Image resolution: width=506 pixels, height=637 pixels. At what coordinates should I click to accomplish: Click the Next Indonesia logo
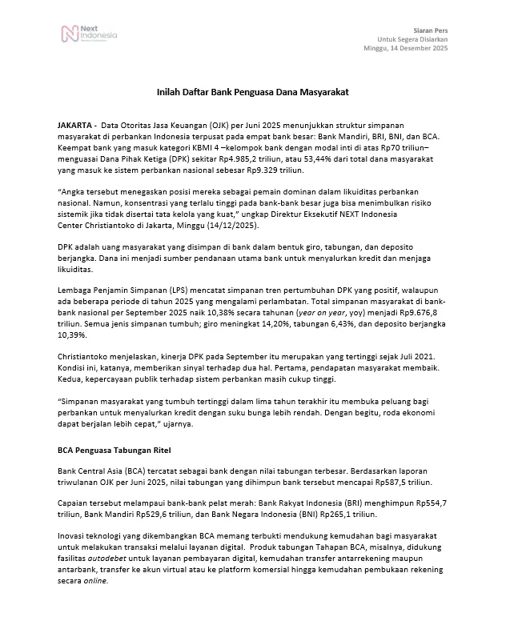click(x=89, y=34)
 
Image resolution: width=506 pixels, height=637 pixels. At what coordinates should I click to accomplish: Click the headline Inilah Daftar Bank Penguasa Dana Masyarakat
click(x=252, y=93)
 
